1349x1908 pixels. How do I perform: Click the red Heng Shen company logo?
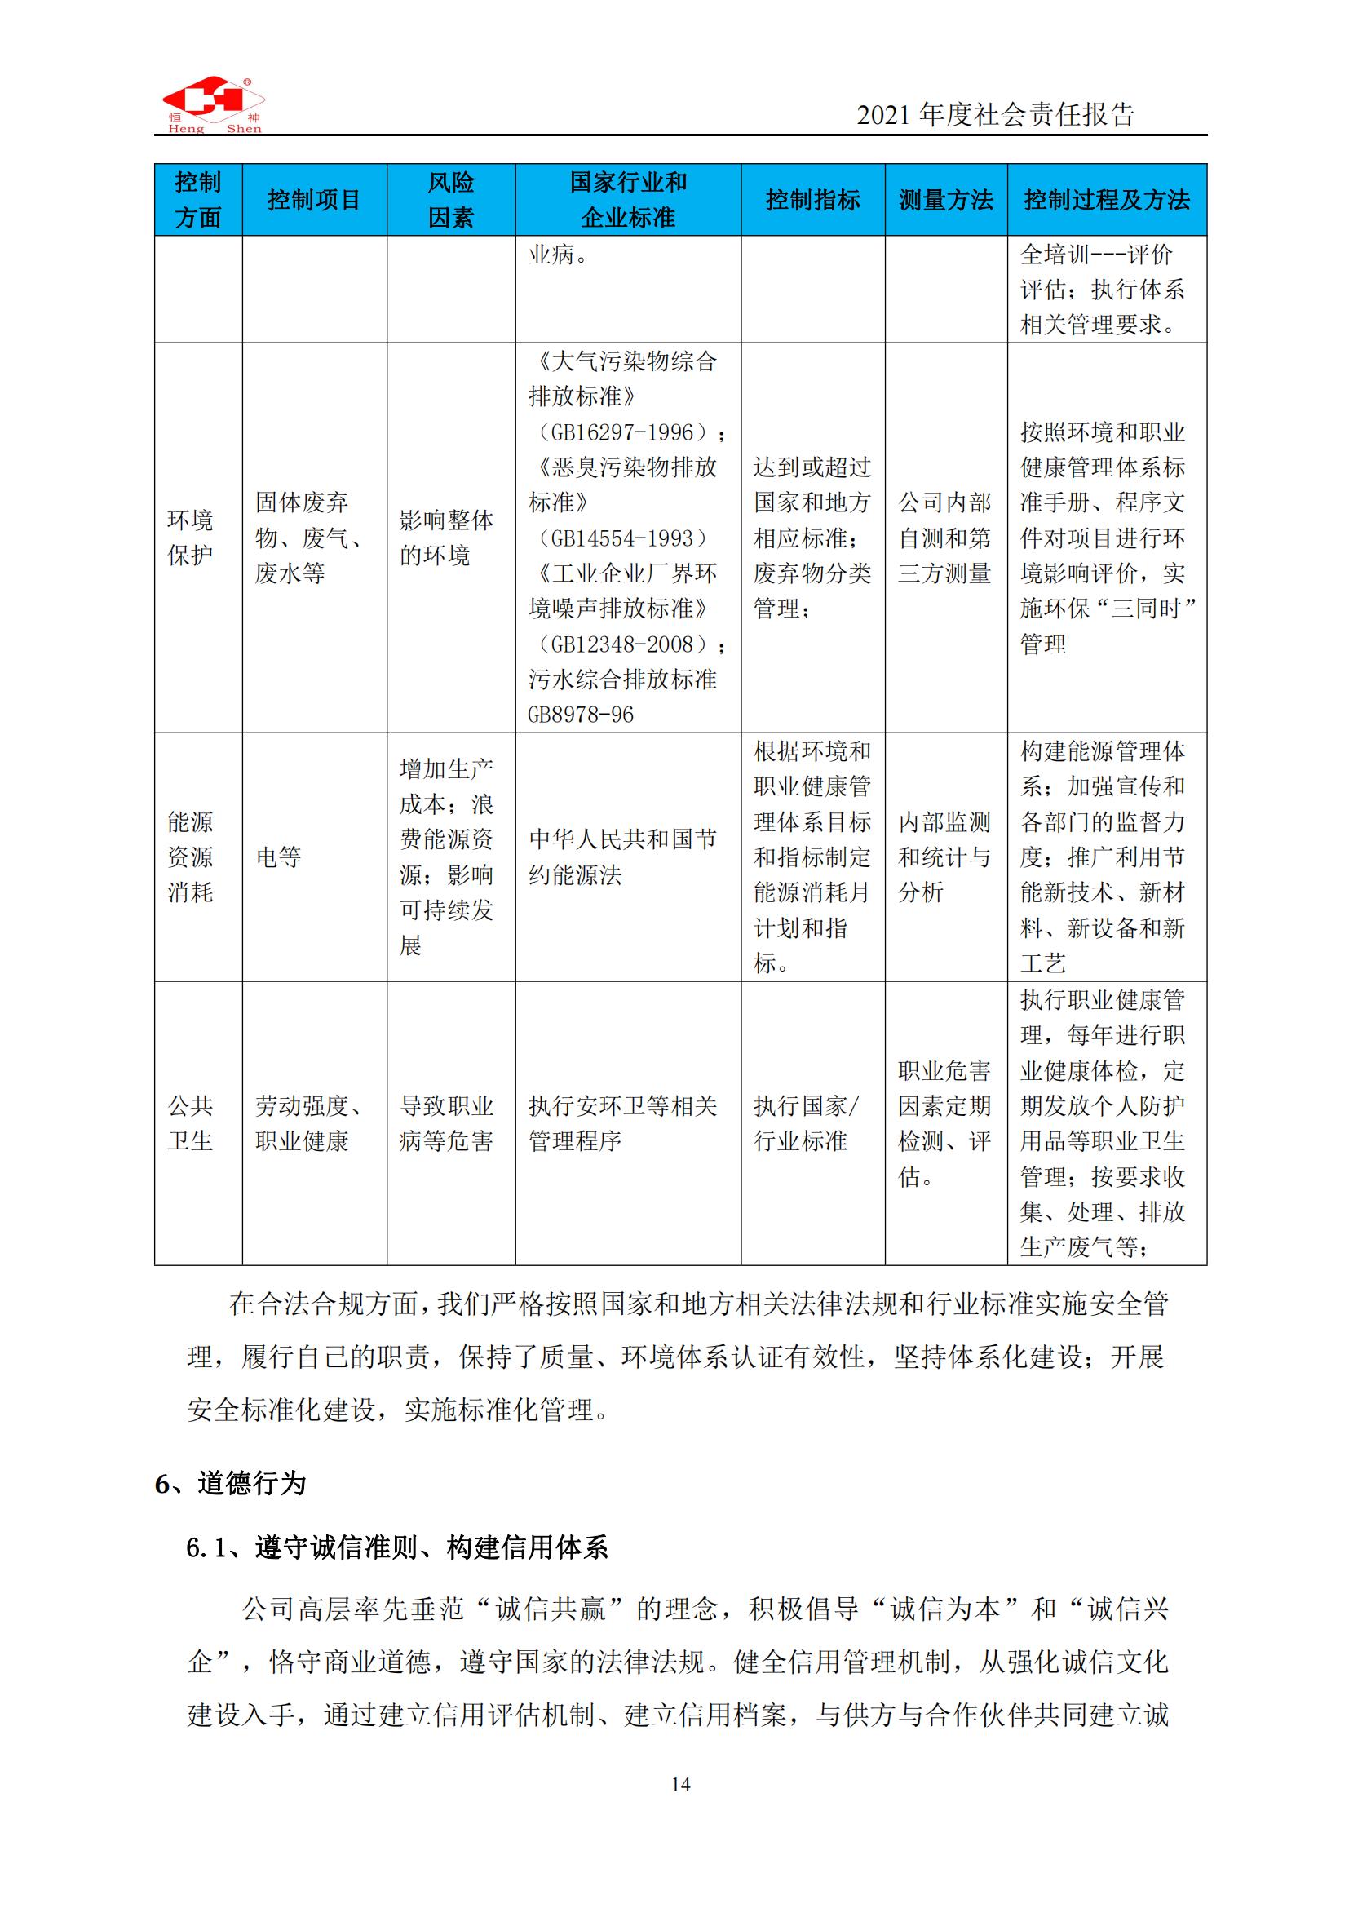pos(213,104)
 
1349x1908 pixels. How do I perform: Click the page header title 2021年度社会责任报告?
pos(995,115)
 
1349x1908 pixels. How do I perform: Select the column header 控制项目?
pos(314,199)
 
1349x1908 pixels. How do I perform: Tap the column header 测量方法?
pos(945,199)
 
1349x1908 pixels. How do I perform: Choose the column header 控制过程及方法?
pos(1107,199)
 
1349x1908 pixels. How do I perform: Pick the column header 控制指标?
pos(812,199)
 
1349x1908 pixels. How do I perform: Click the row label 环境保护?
pos(191,538)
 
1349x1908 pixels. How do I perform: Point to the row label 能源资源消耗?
pos(191,857)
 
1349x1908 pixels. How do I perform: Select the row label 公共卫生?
pos(191,1122)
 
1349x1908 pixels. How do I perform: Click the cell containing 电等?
pos(279,857)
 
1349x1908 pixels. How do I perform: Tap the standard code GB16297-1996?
pos(623,432)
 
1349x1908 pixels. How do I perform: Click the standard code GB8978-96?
pos(581,715)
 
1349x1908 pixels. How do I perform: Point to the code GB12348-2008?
pos(623,644)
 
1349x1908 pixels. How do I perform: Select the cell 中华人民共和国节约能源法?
pos(623,857)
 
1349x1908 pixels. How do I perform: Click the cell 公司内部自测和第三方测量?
pos(945,538)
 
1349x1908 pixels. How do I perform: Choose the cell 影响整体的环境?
pos(447,538)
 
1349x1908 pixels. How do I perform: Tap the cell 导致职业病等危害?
pos(447,1122)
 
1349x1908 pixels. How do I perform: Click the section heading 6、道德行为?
pos(231,1483)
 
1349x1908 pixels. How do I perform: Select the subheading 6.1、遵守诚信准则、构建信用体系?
pos(397,1547)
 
